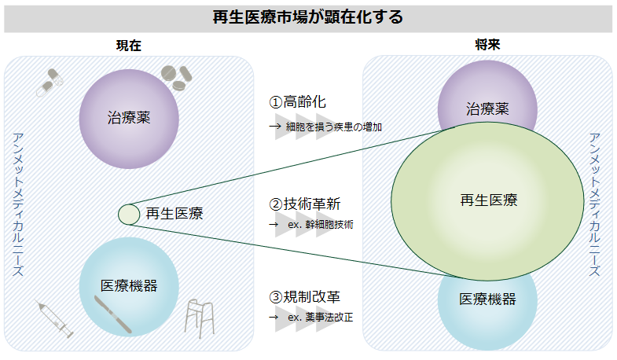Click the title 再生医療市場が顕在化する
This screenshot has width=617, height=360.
[x=308, y=17]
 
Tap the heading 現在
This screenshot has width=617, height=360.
[x=128, y=46]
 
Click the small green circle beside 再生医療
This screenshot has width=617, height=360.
[x=129, y=214]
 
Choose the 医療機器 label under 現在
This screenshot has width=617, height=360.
[x=129, y=285]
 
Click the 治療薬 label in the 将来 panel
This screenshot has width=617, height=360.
[x=487, y=108]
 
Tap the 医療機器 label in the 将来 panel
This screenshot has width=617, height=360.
[x=487, y=299]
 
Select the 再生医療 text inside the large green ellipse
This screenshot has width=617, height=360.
[x=489, y=200]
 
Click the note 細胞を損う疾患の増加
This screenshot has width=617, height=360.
[x=334, y=127]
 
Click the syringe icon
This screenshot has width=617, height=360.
[x=54, y=318]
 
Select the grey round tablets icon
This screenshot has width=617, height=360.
[x=175, y=76]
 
